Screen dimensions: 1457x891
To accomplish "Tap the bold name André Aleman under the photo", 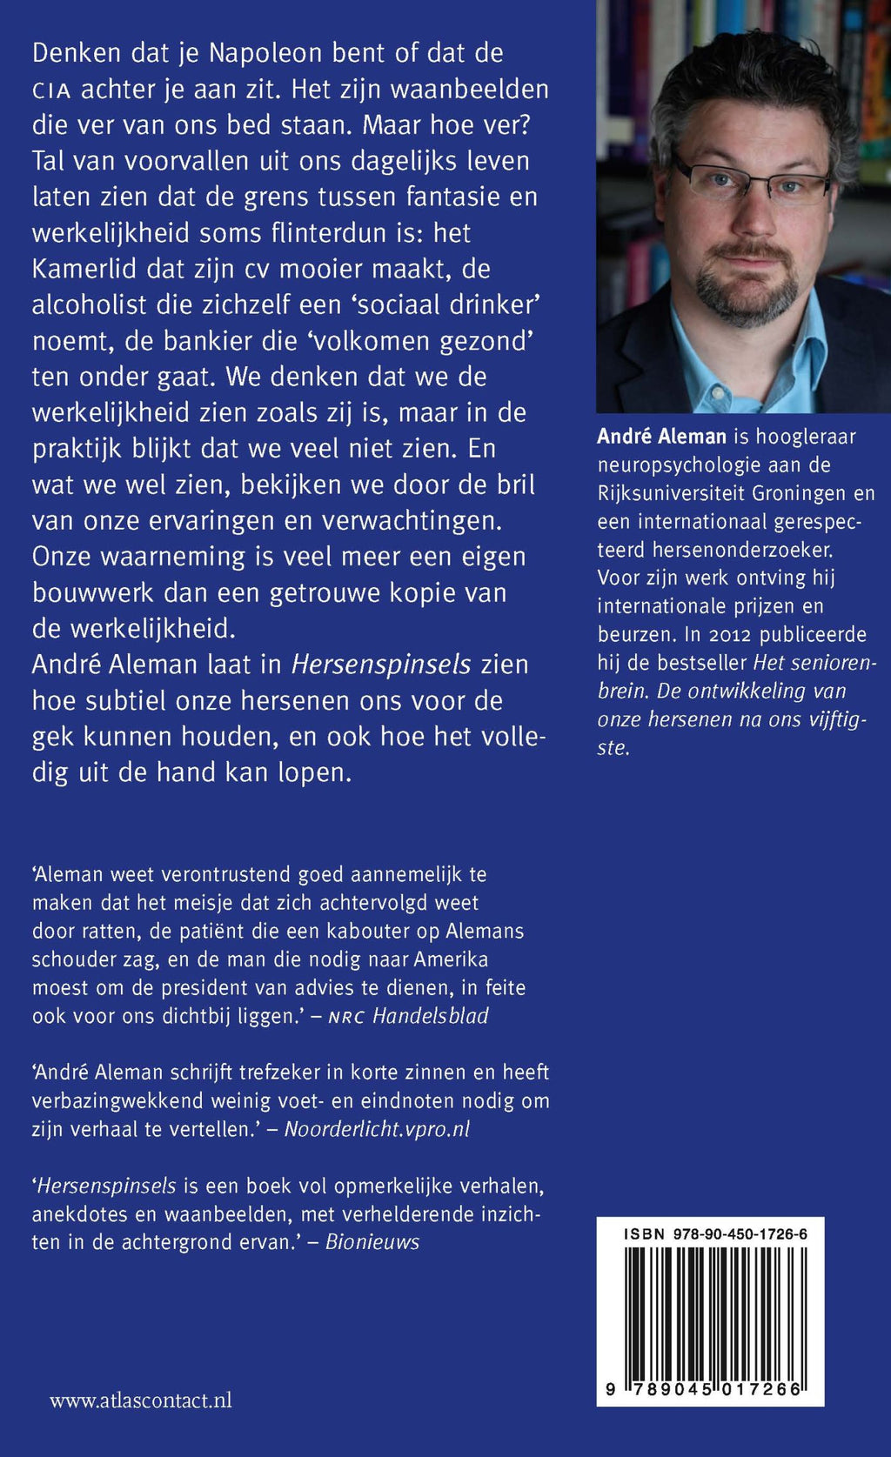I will [x=661, y=437].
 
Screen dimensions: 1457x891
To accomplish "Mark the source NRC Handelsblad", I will [x=408, y=1016].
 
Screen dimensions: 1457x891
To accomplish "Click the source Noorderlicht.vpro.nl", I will [x=377, y=1129].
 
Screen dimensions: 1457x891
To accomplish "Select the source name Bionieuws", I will [x=372, y=1242].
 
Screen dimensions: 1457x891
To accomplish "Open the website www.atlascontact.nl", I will [x=141, y=1400].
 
